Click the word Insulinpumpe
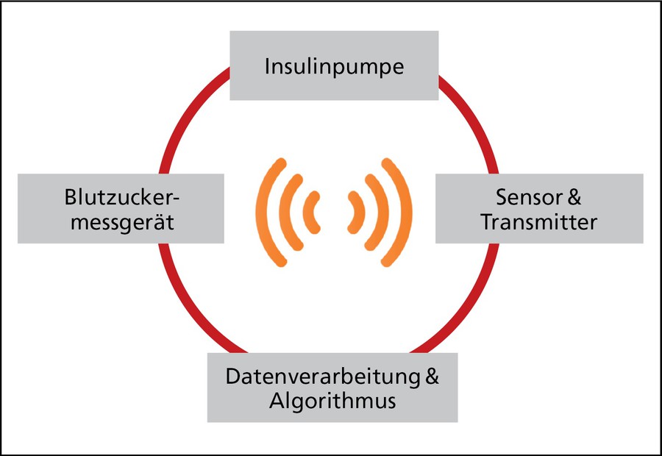coord(334,67)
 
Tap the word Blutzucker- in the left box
coord(121,198)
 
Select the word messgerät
coord(119,221)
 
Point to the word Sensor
coord(527,198)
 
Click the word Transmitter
coord(538,221)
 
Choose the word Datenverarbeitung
coord(322,377)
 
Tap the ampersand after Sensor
coord(574,198)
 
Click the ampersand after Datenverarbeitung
coord(433,377)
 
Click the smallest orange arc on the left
coord(310,211)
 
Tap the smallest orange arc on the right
coord(360,211)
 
